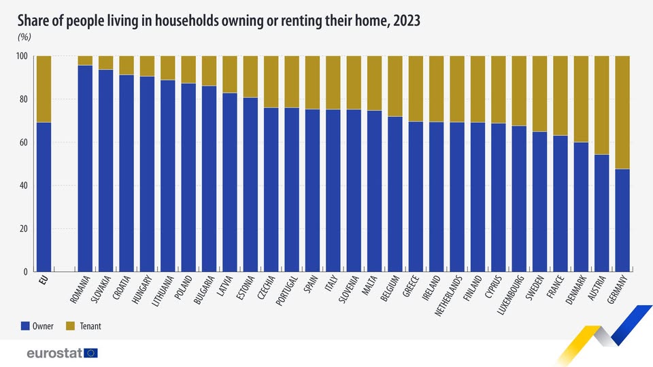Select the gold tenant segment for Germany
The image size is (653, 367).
(622, 112)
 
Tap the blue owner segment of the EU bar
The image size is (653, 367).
(44, 197)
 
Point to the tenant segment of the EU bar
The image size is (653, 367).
(44, 89)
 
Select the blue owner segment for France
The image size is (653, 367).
(560, 203)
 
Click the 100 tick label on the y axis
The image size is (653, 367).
(20, 56)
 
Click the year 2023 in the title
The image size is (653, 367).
(404, 21)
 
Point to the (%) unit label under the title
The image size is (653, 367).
(24, 37)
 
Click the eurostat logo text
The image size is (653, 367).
(54, 353)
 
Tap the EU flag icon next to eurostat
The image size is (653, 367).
(91, 353)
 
